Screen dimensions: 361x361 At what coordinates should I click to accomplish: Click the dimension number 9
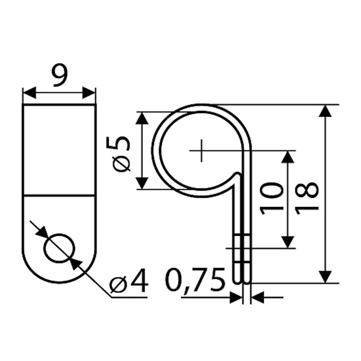(x=60, y=75)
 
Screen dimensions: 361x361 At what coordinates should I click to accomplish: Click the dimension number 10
(x=271, y=198)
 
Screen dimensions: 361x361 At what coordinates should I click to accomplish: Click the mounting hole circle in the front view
(x=59, y=248)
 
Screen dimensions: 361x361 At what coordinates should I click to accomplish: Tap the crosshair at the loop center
(x=201, y=151)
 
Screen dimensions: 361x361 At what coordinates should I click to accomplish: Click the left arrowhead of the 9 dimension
(x=30, y=93)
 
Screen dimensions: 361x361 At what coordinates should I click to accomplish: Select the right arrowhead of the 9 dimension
(x=88, y=93)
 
